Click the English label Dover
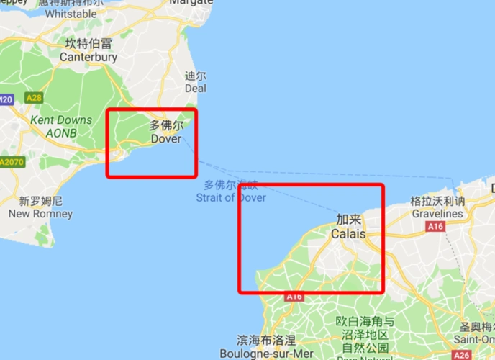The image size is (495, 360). point(166,139)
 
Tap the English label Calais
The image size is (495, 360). point(348,234)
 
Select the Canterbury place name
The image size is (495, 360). point(88,57)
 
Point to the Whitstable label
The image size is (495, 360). point(71,14)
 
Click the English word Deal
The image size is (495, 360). point(195,89)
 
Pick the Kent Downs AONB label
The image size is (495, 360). point(61,126)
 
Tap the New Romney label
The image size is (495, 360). point(40,214)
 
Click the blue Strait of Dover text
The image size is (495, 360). point(230,197)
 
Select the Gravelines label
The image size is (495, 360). point(437,214)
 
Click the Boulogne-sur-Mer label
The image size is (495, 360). point(266,353)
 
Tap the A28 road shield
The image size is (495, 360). point(33,97)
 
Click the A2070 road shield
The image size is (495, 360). point(12,162)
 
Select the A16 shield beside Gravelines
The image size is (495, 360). point(435,227)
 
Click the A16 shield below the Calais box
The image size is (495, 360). point(294,296)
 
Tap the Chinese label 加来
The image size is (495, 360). point(348,220)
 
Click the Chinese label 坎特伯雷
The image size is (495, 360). point(88,43)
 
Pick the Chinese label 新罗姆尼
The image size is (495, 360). point(40,200)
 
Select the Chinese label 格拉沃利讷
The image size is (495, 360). point(437,201)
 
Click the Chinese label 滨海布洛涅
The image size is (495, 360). point(266,339)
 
